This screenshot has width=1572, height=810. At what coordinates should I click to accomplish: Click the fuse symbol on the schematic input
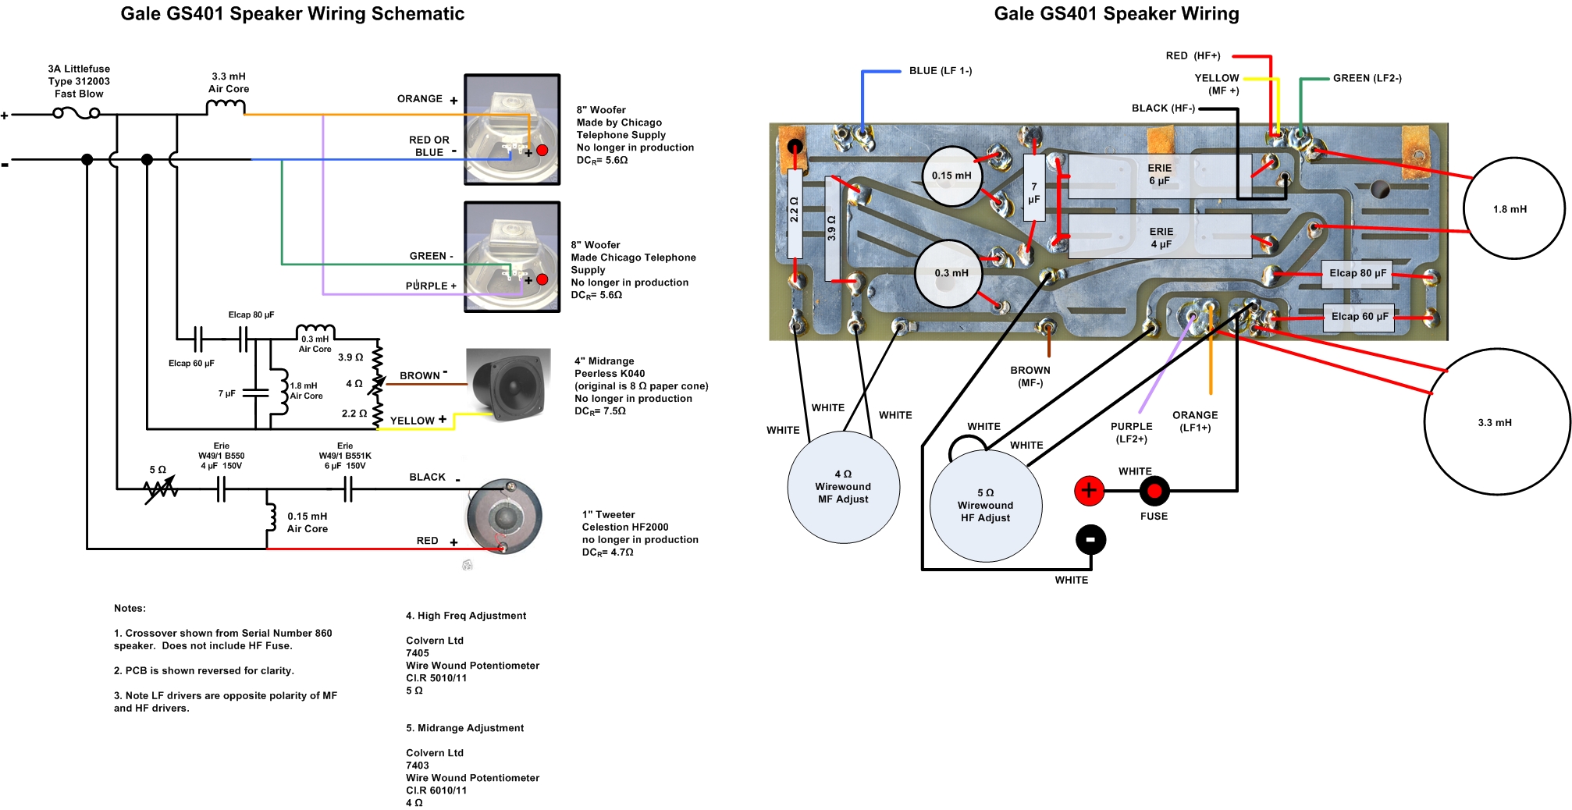point(76,114)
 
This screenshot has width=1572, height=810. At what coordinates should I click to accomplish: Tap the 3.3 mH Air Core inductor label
point(229,83)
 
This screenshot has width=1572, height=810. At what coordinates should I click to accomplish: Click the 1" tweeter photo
point(504,517)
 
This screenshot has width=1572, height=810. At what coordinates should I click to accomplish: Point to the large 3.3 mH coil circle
point(1496,422)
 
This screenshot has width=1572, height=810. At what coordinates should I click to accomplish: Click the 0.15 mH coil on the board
point(951,176)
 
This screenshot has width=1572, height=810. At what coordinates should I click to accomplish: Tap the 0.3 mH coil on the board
point(949,273)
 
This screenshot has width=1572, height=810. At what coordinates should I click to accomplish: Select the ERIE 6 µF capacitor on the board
point(1159,175)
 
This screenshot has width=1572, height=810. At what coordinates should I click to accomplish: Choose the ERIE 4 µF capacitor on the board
point(1161,238)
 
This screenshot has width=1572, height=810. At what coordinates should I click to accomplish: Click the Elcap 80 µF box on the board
point(1357,273)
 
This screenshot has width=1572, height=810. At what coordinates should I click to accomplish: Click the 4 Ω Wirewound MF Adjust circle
point(843,487)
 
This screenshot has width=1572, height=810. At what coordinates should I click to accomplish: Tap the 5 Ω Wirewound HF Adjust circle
point(985,506)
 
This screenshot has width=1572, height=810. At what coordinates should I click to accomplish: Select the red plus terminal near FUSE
point(1088,491)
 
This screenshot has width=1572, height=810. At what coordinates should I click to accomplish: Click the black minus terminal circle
point(1090,539)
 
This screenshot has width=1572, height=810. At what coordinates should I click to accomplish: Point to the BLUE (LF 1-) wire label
point(940,71)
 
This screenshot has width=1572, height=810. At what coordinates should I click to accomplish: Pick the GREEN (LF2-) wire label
point(1367,78)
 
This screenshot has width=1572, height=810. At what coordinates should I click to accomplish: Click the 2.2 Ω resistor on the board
point(795,212)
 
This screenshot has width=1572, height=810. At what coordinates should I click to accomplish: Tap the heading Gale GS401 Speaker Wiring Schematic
point(292,14)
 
